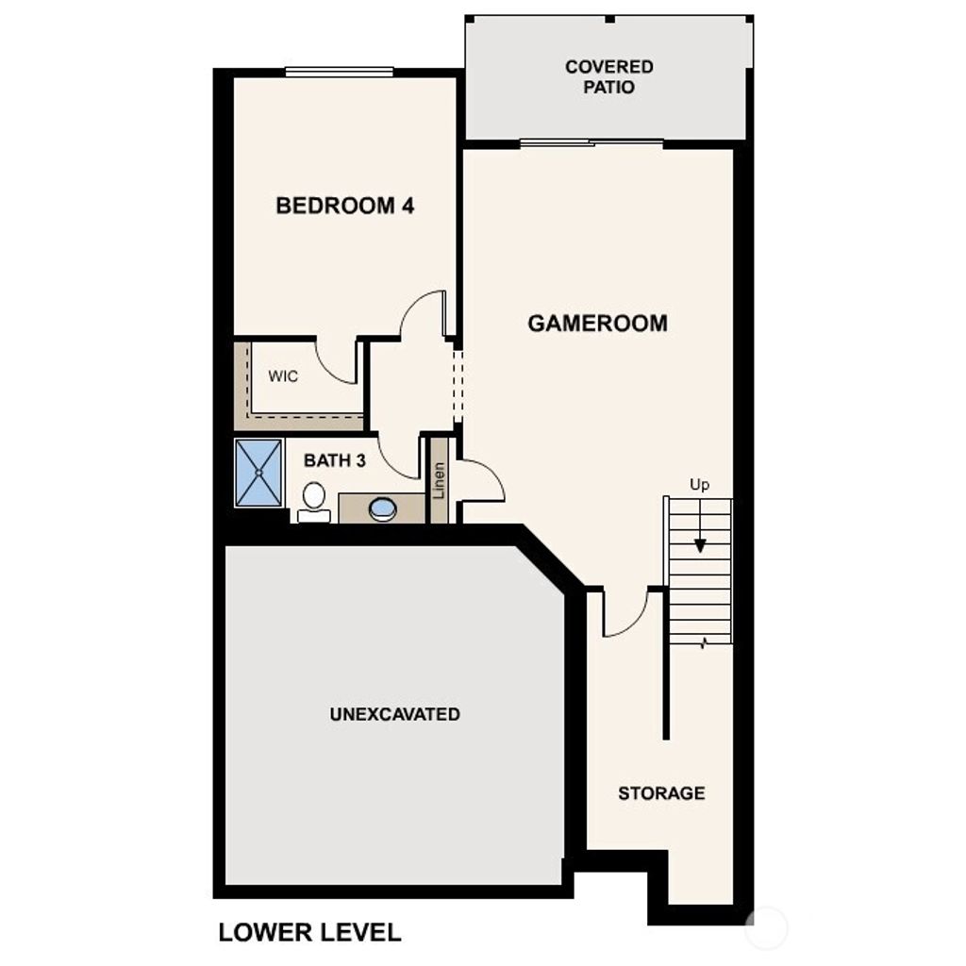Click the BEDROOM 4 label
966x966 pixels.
(x=344, y=206)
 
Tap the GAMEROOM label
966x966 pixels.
(x=597, y=324)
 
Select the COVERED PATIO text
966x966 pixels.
(x=608, y=76)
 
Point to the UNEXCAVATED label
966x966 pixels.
(x=394, y=714)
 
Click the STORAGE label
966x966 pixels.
(x=661, y=793)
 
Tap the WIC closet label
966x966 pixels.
(x=283, y=376)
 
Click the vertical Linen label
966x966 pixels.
(x=439, y=480)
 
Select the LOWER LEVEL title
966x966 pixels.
(x=309, y=932)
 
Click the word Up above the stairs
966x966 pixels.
(x=699, y=485)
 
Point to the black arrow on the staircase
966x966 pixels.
(x=700, y=544)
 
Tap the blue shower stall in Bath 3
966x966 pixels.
(x=258, y=472)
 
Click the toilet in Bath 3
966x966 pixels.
(x=313, y=499)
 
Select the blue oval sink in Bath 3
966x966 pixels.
(x=383, y=509)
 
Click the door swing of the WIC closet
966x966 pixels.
(x=336, y=362)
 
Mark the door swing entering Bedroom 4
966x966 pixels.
(x=423, y=316)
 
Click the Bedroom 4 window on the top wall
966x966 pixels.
(x=340, y=72)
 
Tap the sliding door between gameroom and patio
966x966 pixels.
(x=591, y=143)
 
